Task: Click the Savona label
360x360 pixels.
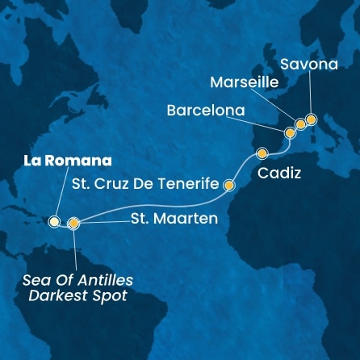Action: [x=316, y=63]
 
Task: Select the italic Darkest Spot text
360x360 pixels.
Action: [x=78, y=295]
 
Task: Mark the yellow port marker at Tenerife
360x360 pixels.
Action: [x=229, y=185]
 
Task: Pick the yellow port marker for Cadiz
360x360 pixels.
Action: [x=262, y=153]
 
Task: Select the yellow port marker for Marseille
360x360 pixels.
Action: [x=300, y=123]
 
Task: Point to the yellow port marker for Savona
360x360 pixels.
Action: [x=312, y=120]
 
